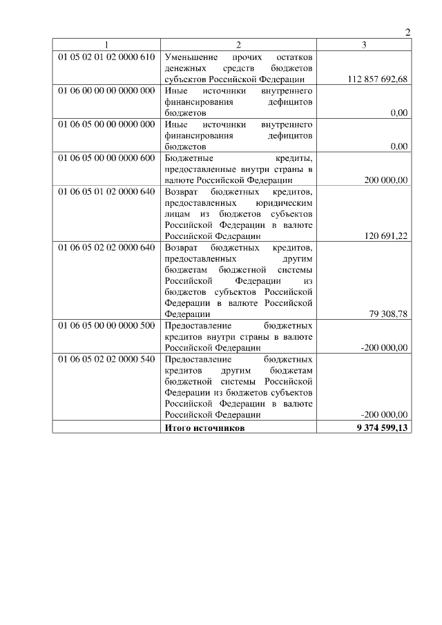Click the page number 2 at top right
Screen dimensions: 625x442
click(x=407, y=32)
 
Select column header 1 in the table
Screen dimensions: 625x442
click(x=106, y=44)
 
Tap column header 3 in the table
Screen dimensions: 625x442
click(x=364, y=44)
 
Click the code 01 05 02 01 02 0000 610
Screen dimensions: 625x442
click(x=106, y=56)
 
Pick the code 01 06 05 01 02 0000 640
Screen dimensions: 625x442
click(x=106, y=191)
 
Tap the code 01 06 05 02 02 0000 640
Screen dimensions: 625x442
click(x=106, y=247)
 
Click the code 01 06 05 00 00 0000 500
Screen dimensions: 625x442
click(x=106, y=325)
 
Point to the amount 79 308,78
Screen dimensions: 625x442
click(x=388, y=314)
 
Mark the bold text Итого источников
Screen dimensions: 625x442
click(x=204, y=427)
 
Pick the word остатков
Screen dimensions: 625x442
click(x=295, y=56)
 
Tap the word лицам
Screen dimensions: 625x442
click(x=177, y=213)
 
